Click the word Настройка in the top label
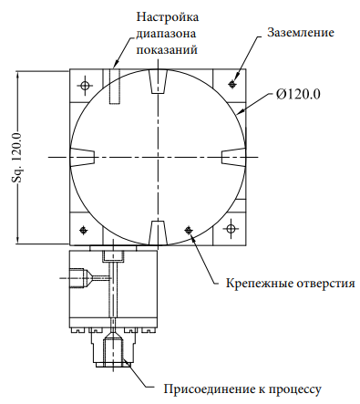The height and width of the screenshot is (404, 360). (x=168, y=16)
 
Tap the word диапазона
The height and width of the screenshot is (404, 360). (x=166, y=33)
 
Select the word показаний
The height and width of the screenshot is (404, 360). (x=167, y=49)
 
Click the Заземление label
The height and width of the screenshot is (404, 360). (x=301, y=32)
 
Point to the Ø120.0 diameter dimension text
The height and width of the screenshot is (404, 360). (x=298, y=95)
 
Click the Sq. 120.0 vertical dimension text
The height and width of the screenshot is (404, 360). (x=17, y=158)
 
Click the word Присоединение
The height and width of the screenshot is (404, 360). (x=210, y=389)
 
